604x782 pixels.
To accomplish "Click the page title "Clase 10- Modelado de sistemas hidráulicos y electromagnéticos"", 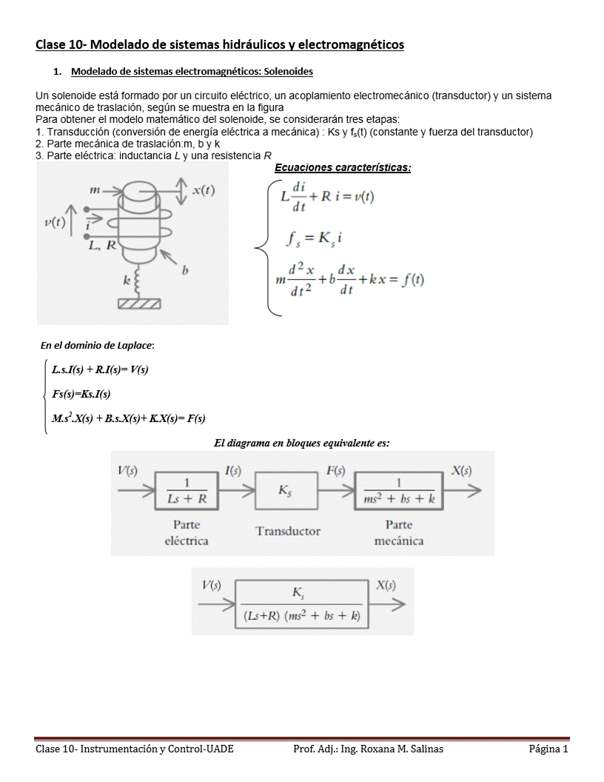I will pos(220,45).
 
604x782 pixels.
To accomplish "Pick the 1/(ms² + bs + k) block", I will pos(399,491).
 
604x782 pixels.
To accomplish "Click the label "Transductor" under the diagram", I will pos(288,530).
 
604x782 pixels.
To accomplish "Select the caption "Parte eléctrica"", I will pos(186,532).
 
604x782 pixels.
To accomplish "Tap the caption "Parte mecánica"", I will pos(399,532).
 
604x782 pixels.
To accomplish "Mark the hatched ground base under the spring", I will pos(139,304).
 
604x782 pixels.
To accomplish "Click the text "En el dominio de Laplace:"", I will pos(97,345).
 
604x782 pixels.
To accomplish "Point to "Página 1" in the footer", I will pos(548,749).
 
